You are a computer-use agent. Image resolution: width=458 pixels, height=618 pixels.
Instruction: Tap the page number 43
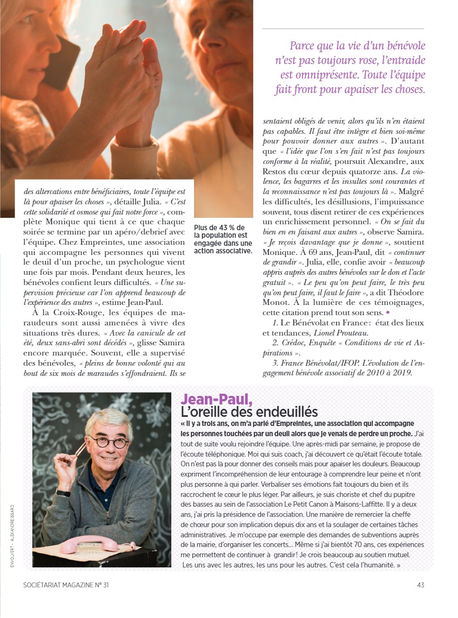[421, 585]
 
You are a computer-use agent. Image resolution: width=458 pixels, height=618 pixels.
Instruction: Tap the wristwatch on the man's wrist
[64, 493]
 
